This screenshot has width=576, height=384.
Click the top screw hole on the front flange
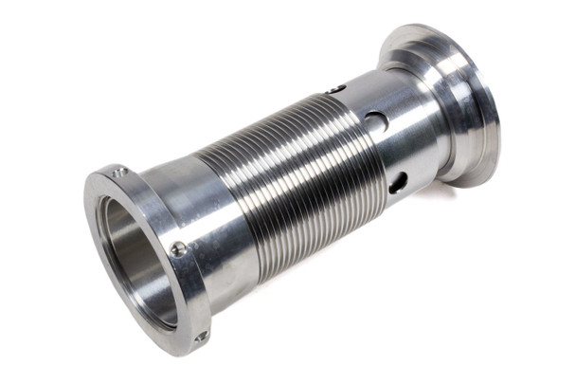(x=119, y=172)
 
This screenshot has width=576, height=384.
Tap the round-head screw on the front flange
(x=177, y=248)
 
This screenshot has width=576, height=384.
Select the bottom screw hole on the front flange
(x=201, y=336)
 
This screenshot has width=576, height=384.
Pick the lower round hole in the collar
(x=398, y=181)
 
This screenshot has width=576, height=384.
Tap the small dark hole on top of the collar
(x=337, y=89)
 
